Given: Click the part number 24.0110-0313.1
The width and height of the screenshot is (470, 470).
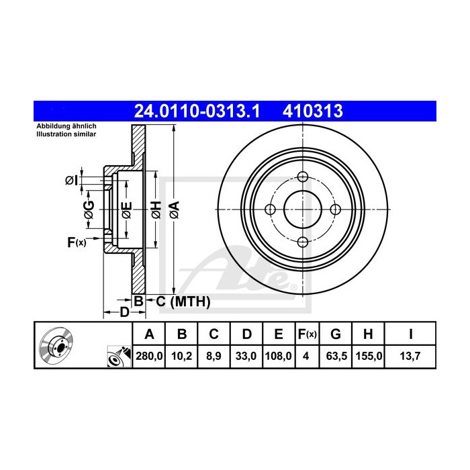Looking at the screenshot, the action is (x=197, y=111).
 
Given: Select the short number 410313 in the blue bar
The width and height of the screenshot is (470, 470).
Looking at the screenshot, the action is (x=313, y=111).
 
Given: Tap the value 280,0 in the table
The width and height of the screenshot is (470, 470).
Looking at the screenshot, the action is (x=149, y=356).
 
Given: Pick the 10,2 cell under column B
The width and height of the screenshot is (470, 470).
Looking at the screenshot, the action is (x=181, y=356).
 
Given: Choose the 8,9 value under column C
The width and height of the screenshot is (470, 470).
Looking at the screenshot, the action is (x=214, y=356).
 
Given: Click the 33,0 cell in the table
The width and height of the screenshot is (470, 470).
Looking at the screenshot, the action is (x=246, y=356).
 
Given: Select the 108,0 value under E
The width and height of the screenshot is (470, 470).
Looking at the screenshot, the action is (x=279, y=356).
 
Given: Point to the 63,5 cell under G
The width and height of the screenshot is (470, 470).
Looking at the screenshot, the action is (x=336, y=356).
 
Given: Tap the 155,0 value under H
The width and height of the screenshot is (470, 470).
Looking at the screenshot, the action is (x=369, y=356).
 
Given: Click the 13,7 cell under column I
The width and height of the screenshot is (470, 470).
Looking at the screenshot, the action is (x=410, y=356).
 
